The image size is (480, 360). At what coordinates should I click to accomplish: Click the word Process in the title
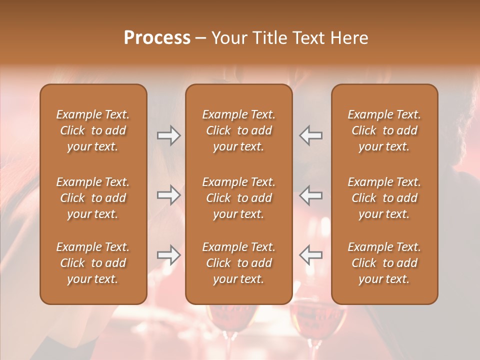(x=157, y=38)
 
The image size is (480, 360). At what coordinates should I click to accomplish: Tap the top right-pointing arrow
(x=168, y=135)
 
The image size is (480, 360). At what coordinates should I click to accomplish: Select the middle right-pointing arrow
(x=168, y=195)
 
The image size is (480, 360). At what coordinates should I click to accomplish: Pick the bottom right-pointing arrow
(x=168, y=255)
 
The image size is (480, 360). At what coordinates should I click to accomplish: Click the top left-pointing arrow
(x=310, y=135)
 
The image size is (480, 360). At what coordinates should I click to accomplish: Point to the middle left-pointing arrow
(x=310, y=195)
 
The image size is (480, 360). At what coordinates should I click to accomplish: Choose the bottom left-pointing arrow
(x=310, y=255)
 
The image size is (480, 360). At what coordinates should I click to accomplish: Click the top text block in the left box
(x=93, y=130)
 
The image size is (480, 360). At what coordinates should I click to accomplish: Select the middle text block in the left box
(x=93, y=198)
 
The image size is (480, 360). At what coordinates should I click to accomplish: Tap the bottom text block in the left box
(x=93, y=263)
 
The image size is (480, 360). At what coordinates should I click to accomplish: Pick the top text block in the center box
(x=238, y=130)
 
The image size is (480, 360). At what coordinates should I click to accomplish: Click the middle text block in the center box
(x=238, y=198)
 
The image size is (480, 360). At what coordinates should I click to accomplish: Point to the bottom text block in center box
(x=238, y=263)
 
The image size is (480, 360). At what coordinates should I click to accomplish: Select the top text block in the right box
(x=384, y=130)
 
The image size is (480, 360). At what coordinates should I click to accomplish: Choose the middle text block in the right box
(x=384, y=198)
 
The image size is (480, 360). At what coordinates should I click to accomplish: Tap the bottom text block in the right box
(x=384, y=263)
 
